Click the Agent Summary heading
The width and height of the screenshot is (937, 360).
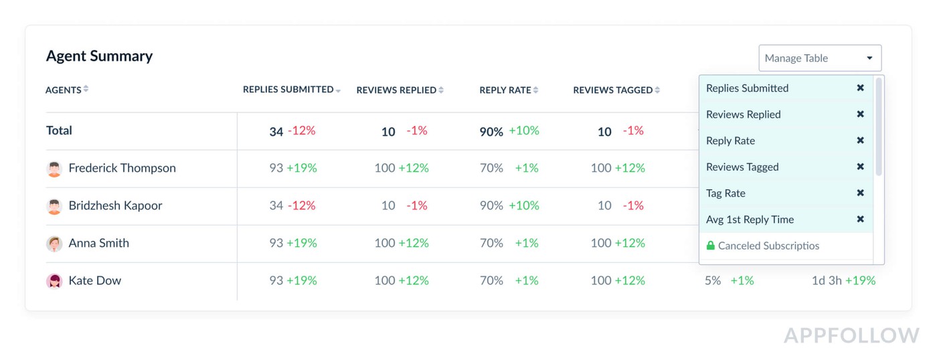[99, 56]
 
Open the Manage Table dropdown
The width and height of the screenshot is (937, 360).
[820, 58]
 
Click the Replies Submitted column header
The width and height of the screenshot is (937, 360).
[288, 90]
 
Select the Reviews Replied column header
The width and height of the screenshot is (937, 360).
[396, 90]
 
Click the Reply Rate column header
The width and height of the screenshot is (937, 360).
[505, 90]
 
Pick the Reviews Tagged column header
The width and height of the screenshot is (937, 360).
[612, 90]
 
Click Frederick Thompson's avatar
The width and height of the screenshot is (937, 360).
[54, 169]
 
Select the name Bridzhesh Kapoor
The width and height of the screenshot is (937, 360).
[115, 205]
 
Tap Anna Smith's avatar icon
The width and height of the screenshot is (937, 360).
[54, 244]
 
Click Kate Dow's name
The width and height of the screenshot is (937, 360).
[94, 280]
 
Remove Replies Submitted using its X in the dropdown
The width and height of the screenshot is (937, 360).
[860, 88]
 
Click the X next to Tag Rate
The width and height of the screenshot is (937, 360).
[860, 193]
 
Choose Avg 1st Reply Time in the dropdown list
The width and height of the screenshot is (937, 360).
[750, 219]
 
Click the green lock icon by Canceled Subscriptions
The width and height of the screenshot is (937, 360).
[711, 246]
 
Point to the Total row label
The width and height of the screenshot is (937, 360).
[59, 130]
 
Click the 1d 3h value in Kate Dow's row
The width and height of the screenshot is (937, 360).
[827, 280]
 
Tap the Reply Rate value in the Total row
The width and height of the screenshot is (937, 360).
[491, 132]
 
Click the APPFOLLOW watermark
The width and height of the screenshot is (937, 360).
[851, 335]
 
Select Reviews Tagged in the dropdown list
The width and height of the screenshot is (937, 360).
[742, 167]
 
